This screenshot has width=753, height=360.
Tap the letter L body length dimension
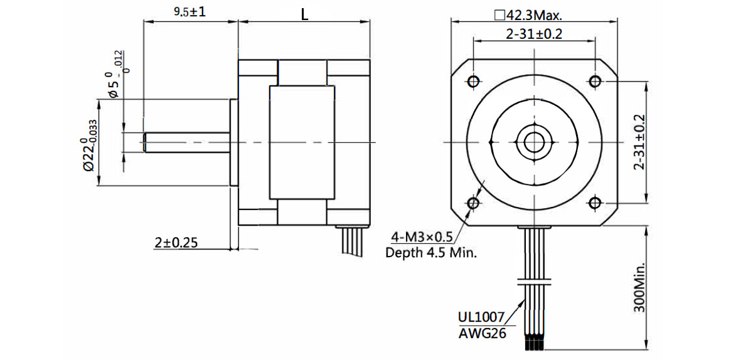point(304,15)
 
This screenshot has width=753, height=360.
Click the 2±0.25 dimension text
point(176,242)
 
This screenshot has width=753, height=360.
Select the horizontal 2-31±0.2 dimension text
point(533,34)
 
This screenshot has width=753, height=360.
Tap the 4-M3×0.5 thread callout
point(422,236)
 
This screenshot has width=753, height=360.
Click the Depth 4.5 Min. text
point(431,253)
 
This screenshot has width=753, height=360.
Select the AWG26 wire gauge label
point(482,333)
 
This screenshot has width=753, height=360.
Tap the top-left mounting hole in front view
point(473,81)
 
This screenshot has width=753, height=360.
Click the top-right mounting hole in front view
point(595,81)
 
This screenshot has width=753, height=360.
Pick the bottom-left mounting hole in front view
point(473,203)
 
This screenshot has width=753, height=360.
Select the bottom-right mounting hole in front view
point(595,203)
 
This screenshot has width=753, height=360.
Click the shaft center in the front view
point(533,142)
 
